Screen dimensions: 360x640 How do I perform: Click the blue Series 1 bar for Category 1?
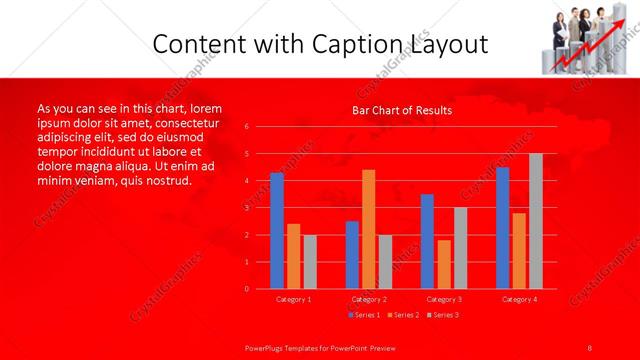click(x=277, y=231)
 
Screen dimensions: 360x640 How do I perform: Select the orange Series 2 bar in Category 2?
click(x=369, y=229)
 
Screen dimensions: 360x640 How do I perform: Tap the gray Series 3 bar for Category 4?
click(x=536, y=221)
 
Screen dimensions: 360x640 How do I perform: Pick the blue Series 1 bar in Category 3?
click(x=427, y=241)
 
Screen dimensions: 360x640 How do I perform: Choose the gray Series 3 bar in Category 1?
click(x=310, y=261)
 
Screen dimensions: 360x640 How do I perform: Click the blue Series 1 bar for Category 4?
click(x=502, y=228)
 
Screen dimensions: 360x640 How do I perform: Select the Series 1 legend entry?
click(x=365, y=315)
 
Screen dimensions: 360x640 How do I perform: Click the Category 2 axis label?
click(x=369, y=299)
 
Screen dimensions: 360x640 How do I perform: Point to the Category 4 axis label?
click(x=519, y=299)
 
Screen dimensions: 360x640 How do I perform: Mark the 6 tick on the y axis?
click(x=247, y=126)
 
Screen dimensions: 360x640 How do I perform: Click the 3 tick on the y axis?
click(x=247, y=208)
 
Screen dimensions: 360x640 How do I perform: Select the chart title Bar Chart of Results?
click(x=402, y=110)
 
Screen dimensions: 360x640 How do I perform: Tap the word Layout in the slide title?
click(x=450, y=44)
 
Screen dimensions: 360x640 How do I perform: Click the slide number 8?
click(x=590, y=347)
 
